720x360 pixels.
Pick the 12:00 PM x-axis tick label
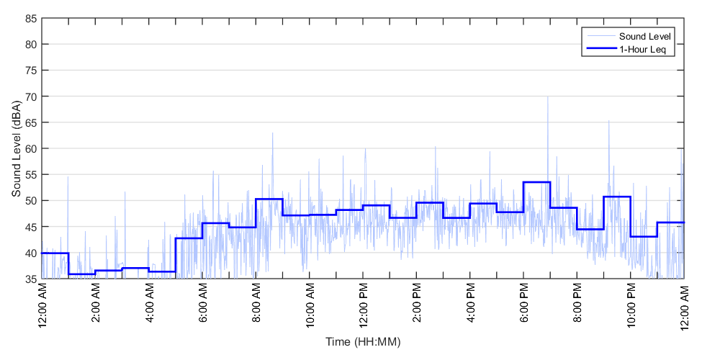click(x=364, y=305)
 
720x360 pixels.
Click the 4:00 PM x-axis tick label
click(x=470, y=305)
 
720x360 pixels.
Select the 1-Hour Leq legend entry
click(x=642, y=49)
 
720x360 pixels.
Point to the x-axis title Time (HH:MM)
click(x=362, y=341)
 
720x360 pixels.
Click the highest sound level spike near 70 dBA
click(x=547, y=97)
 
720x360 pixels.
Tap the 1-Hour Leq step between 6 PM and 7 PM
click(x=537, y=182)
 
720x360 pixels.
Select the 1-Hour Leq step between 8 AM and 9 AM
click(x=269, y=199)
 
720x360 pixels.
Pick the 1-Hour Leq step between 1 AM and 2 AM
click(x=82, y=274)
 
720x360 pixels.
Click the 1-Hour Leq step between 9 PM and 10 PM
click(x=617, y=197)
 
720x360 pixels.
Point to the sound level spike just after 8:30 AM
click(x=272, y=133)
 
